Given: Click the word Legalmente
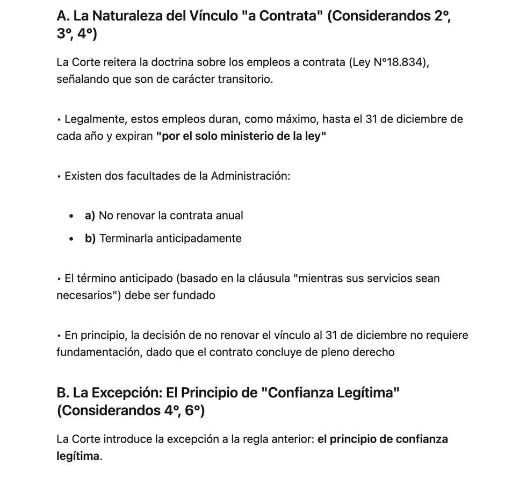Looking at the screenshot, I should coord(95,119).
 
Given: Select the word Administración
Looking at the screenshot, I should coord(250,176).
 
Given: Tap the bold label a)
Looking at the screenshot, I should coord(90,216).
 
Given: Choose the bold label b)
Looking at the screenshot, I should coord(90,239).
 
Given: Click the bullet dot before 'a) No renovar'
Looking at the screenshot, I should coord(71,216).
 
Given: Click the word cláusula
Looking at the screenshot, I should coord(266,279).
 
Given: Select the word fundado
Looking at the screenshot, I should coord(193,296).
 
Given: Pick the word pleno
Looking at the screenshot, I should coord(331,353).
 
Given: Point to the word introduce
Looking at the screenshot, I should coord(127,439).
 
